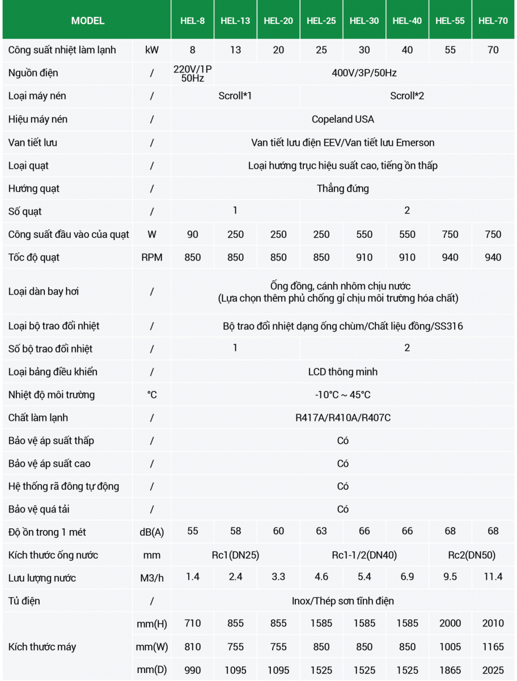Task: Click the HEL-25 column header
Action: coord(321,20)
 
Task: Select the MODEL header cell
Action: coord(87,20)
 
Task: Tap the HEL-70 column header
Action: coord(493,20)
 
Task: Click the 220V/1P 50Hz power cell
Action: coord(193,73)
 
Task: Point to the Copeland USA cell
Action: coord(342,119)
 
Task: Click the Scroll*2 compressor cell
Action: coord(406,96)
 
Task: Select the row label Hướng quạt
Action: coord(34,188)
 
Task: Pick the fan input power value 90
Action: coord(193,234)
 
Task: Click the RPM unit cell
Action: coord(151,258)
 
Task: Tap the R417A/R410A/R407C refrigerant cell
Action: coord(342,418)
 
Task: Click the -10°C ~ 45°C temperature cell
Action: coord(342,394)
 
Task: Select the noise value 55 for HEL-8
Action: coord(193,531)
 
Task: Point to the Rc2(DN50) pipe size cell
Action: coord(472,555)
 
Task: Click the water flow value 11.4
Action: coord(493,577)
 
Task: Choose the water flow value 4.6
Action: coord(321,577)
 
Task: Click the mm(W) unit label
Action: coord(151,646)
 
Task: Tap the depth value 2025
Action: coord(493,670)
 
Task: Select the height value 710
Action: coord(193,623)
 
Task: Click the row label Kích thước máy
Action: coord(42,646)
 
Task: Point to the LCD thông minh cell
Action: coord(342,372)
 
